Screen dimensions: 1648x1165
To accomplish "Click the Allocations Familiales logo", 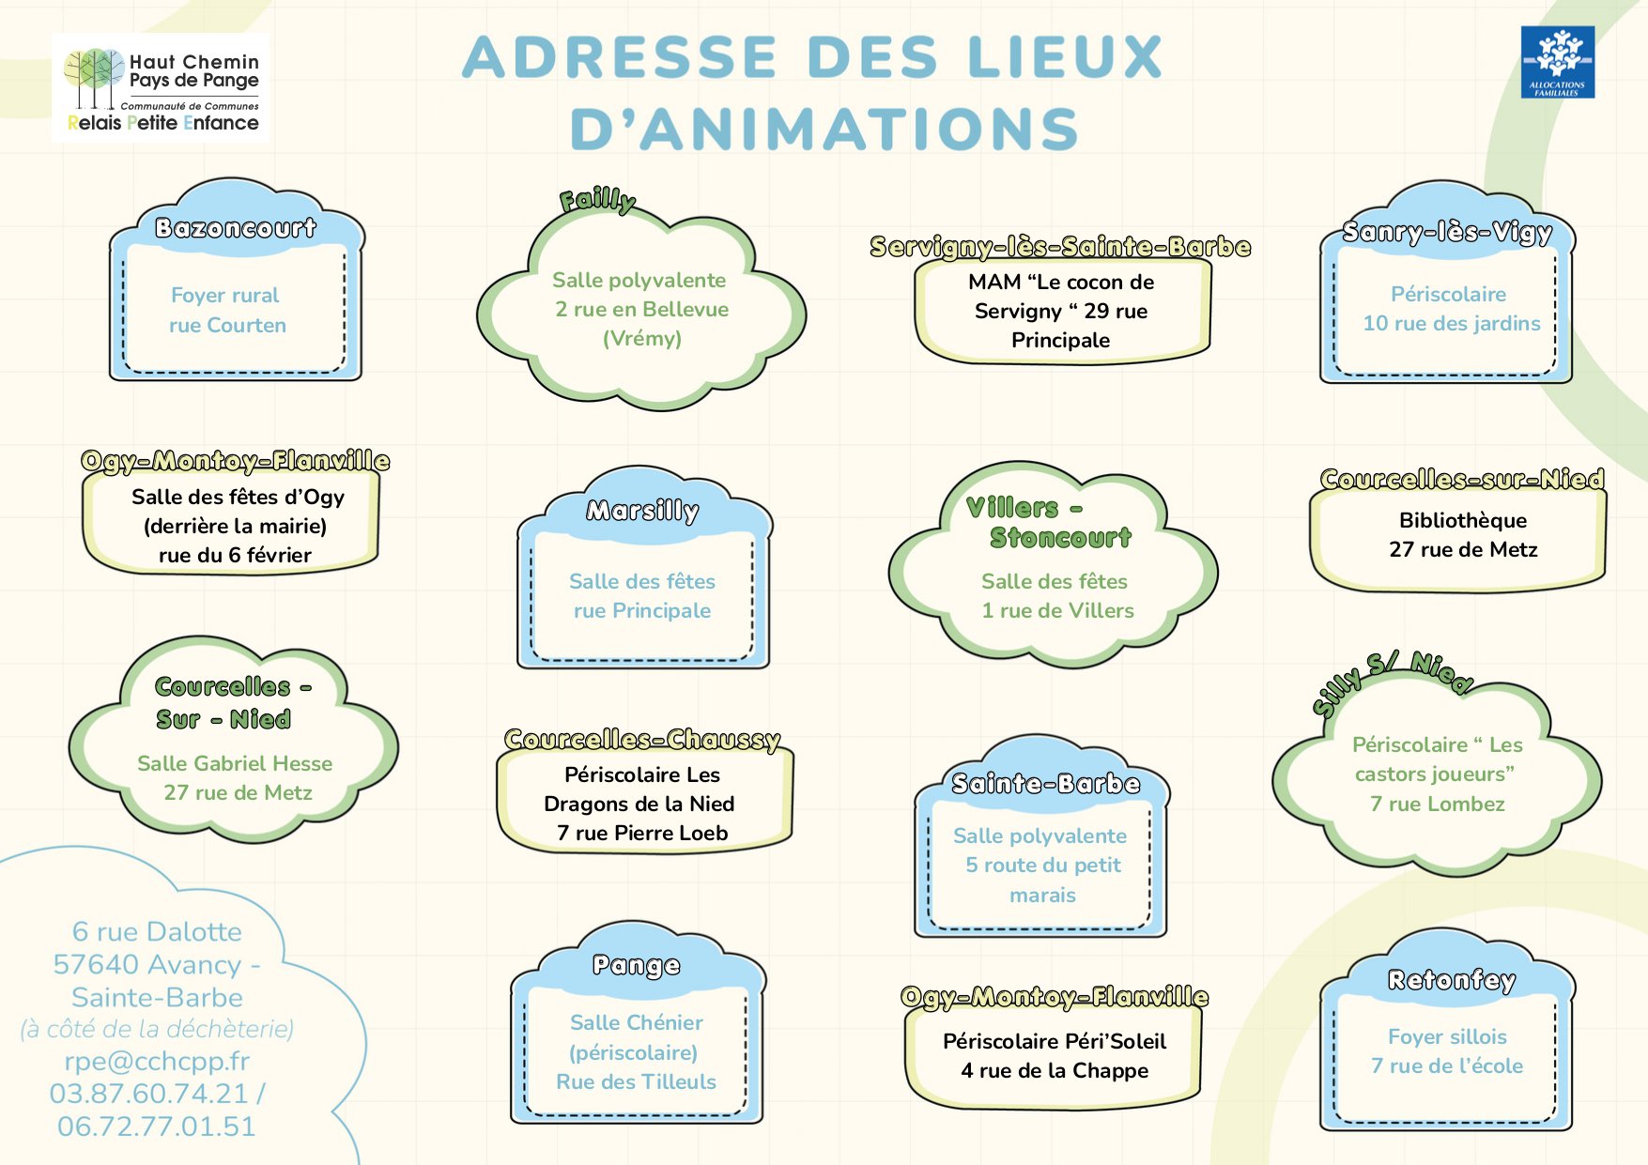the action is pos(1558,62).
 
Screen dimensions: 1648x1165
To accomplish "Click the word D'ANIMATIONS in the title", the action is pos(824,129).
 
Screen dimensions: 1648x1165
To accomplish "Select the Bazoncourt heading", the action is pos(236,228).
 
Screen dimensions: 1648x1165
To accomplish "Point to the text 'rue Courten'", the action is pos(227,326).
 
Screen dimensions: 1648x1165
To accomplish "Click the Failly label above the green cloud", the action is pos(597,200).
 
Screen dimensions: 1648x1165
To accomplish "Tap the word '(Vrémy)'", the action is pos(642,338).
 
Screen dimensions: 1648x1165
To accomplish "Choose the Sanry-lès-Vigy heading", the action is pos(1447,232).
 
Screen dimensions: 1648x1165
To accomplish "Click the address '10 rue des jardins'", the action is pos(1452,324).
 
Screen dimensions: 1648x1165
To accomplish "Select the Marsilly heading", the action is pos(642,511).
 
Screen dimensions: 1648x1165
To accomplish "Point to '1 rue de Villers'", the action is pos(1057,611).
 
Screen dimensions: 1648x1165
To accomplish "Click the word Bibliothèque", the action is pos(1463,520).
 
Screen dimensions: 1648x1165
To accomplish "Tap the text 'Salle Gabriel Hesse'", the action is pos(235,763).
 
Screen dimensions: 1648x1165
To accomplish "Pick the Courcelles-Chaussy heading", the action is pos(642,740).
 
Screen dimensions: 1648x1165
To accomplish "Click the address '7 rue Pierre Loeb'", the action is pos(642,833).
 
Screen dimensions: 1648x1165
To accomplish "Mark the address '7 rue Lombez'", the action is pos(1438,805).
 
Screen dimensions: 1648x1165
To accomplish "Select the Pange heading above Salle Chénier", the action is pos(637,966).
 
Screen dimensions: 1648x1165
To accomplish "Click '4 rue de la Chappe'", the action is pos(1055,1071).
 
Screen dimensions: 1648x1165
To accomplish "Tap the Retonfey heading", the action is pos(1452,980).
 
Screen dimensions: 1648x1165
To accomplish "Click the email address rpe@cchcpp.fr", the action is pos(157,1061).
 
